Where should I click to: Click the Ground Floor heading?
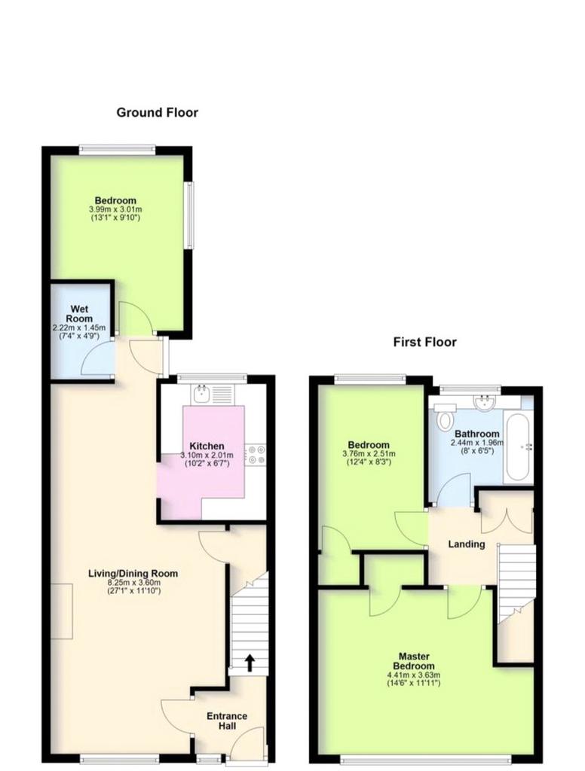[x=157, y=113]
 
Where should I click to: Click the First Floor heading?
[x=424, y=342]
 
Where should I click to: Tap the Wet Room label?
[x=80, y=314]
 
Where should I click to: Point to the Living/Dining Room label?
[x=133, y=573]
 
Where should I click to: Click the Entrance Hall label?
[x=226, y=721]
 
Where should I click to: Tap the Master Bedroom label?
[x=414, y=661]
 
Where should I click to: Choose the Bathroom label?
[x=476, y=434]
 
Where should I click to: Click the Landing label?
[x=467, y=544]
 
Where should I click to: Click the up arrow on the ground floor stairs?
[x=250, y=663]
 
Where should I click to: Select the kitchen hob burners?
[x=256, y=454]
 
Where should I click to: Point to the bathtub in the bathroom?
[x=517, y=447]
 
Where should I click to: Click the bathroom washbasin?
[x=484, y=402]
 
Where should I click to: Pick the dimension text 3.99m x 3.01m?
[x=115, y=209]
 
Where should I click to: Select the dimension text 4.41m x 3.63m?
[x=414, y=675]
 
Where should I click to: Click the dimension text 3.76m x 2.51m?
[x=369, y=454]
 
